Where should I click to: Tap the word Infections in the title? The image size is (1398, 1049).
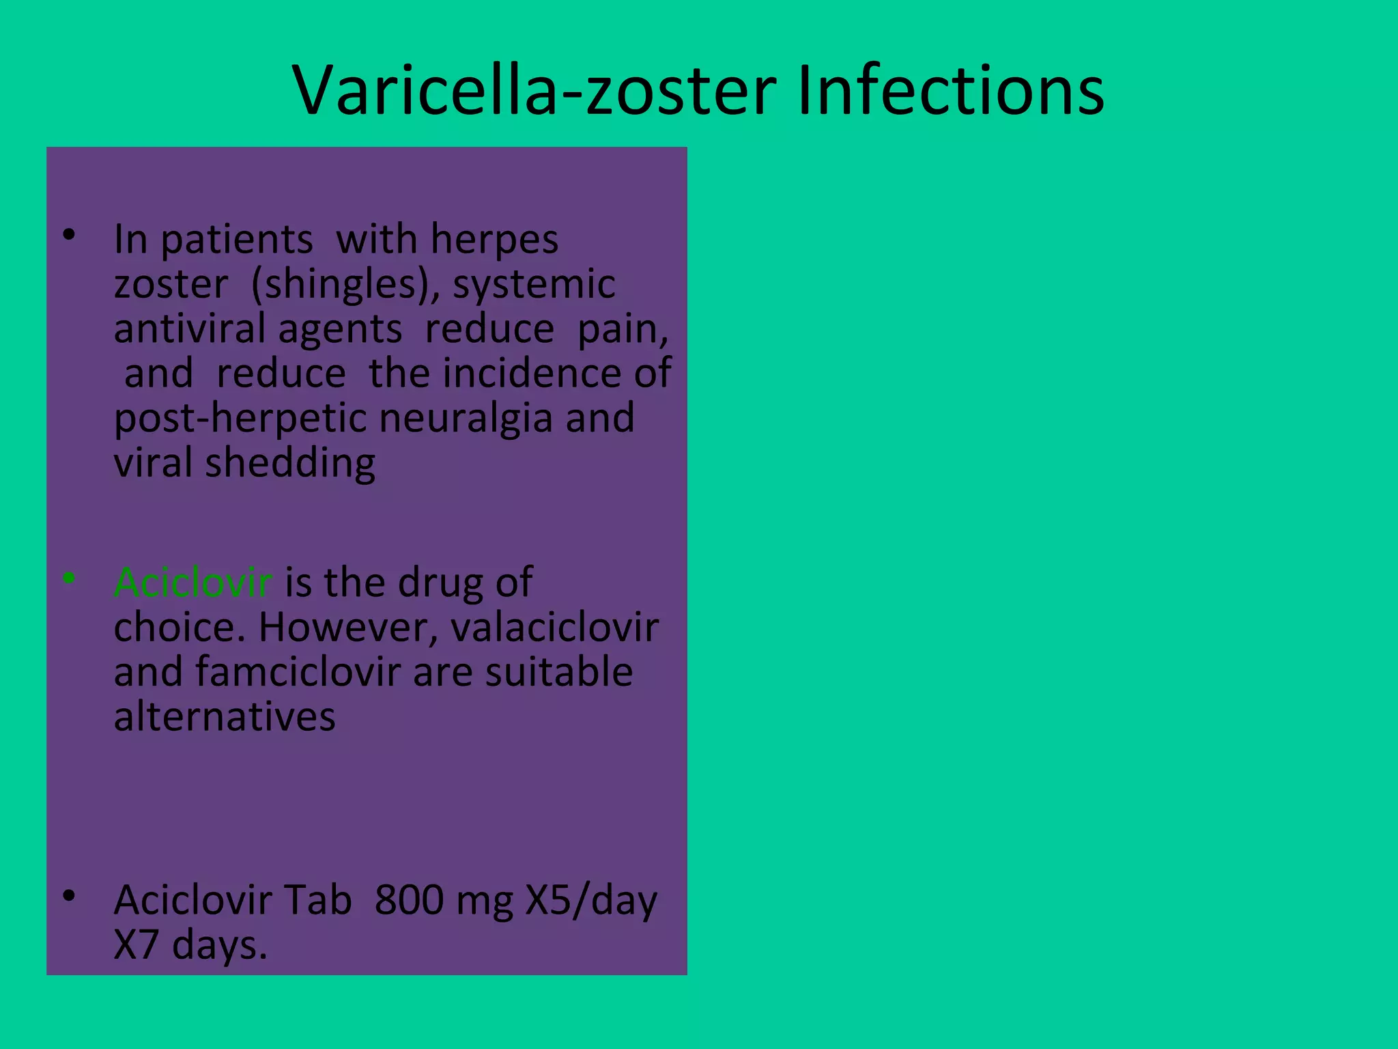point(950,90)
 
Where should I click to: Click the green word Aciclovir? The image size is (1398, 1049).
point(193,583)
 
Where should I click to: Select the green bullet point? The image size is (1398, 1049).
point(68,578)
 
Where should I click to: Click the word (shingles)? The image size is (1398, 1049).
point(345,284)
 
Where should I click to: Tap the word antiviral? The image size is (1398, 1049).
point(189,328)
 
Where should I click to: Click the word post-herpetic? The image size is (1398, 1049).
point(240,418)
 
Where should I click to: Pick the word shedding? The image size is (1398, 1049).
point(290,464)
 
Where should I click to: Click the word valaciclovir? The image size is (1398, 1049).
point(554,627)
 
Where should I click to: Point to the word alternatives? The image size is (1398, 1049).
point(225,716)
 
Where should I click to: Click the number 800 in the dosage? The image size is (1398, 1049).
point(409,900)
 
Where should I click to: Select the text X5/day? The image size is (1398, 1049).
point(591,900)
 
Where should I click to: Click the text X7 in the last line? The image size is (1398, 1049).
point(136,945)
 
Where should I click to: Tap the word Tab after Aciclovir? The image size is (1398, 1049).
point(317,900)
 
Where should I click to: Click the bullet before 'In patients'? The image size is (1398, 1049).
point(68,235)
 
